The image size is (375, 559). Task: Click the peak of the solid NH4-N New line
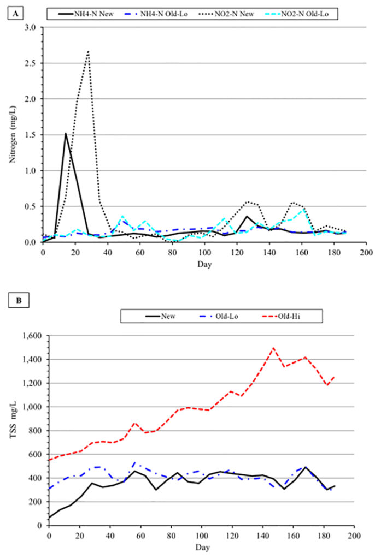tap(66, 133)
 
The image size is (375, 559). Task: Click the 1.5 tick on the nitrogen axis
tap(32, 135)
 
